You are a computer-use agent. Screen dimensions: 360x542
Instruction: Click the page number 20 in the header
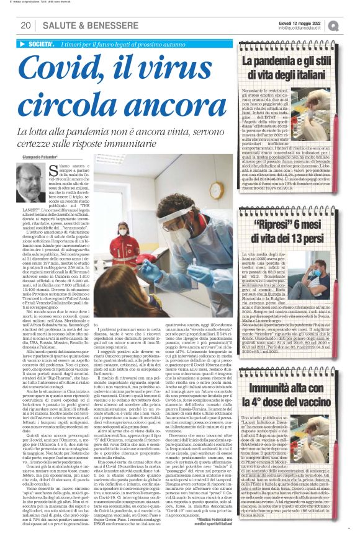27,25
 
